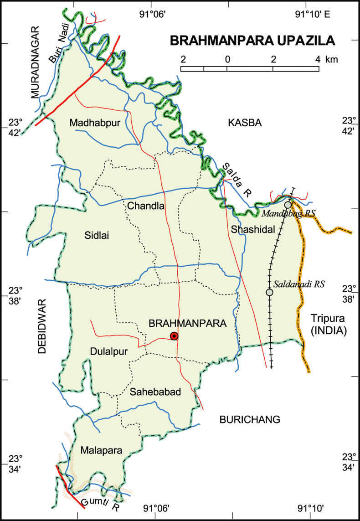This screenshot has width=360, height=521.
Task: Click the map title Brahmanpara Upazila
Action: click(x=252, y=41)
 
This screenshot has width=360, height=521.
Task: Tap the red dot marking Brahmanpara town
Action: click(x=174, y=336)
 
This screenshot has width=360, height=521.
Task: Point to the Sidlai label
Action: click(x=97, y=235)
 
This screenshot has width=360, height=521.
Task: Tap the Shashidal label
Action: click(x=253, y=229)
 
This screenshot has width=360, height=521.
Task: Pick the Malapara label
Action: click(x=101, y=450)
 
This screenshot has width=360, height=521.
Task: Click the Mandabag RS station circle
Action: click(x=288, y=205)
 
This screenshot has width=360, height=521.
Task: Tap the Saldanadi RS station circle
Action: click(x=269, y=292)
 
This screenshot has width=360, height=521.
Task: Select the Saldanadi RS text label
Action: click(x=299, y=284)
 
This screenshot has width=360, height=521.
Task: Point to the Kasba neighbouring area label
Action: click(x=245, y=123)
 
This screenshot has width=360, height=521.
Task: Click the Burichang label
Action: click(x=249, y=419)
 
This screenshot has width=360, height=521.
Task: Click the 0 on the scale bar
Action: click(x=227, y=59)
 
